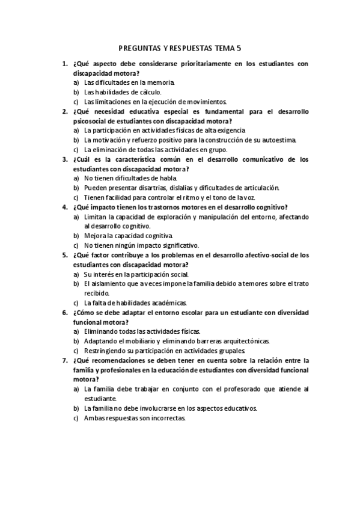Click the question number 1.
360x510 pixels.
pos(64,63)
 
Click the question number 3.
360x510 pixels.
pos(64,159)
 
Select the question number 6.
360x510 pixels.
pos(64,313)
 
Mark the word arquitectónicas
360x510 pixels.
pos(241,341)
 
